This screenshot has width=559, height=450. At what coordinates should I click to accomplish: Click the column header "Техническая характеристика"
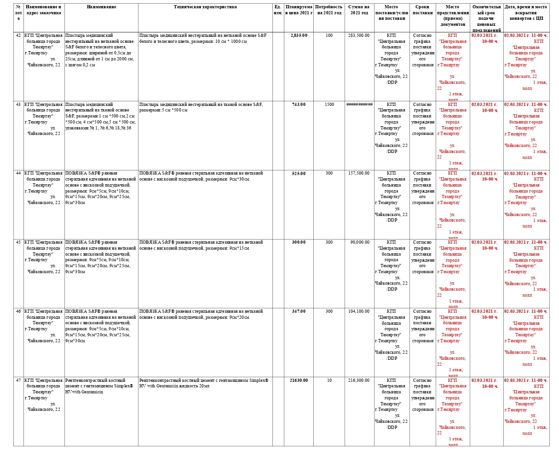click(205, 7)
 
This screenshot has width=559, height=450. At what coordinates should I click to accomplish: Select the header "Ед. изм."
click(278, 10)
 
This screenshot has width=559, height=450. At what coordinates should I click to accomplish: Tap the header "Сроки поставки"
click(422, 10)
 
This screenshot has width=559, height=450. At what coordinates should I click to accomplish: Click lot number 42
click(18, 35)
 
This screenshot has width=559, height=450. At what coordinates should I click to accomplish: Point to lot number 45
click(18, 242)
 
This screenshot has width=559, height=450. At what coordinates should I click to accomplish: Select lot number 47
click(18, 380)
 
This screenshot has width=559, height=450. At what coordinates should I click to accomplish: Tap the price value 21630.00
click(299, 380)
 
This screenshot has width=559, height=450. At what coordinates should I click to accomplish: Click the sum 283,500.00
click(358, 35)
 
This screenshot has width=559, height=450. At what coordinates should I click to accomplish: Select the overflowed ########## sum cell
click(359, 104)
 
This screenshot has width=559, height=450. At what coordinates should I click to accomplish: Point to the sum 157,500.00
click(358, 173)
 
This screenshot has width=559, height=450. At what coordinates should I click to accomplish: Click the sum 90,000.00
click(359, 242)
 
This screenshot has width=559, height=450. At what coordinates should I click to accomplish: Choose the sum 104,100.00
click(358, 311)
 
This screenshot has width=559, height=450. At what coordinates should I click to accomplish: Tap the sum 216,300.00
click(358, 380)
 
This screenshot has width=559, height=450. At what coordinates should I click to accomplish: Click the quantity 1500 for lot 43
click(329, 104)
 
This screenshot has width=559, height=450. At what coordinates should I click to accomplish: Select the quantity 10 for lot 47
click(329, 380)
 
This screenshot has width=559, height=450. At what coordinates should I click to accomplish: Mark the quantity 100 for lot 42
click(329, 35)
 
